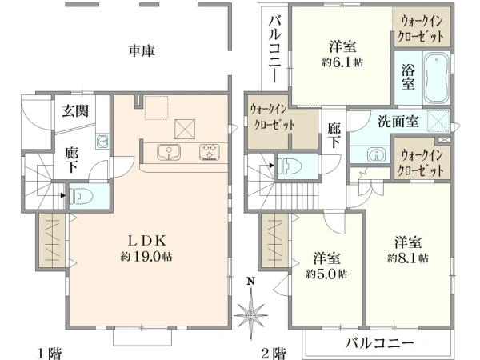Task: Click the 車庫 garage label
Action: click(141, 50)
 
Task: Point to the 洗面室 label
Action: click(396, 122)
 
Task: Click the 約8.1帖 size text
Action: click(407, 258)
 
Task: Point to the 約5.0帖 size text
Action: click(326, 273)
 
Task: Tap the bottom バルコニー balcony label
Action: click(379, 343)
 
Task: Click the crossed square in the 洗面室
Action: click(438, 120)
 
